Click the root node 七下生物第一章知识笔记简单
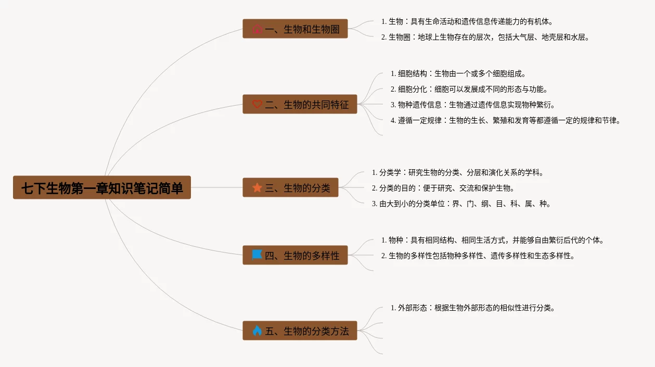(102, 187)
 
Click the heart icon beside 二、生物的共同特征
(257, 105)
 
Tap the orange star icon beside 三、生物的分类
(257, 188)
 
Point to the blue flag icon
(257, 255)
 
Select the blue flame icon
(257, 331)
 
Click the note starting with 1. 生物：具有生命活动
(467, 21)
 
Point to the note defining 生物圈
(485, 37)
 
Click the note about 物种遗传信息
(472, 105)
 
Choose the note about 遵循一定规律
(505, 120)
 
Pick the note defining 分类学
(457, 172)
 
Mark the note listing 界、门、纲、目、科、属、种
(461, 204)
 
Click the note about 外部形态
(472, 308)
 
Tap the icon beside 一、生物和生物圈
(257, 29)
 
